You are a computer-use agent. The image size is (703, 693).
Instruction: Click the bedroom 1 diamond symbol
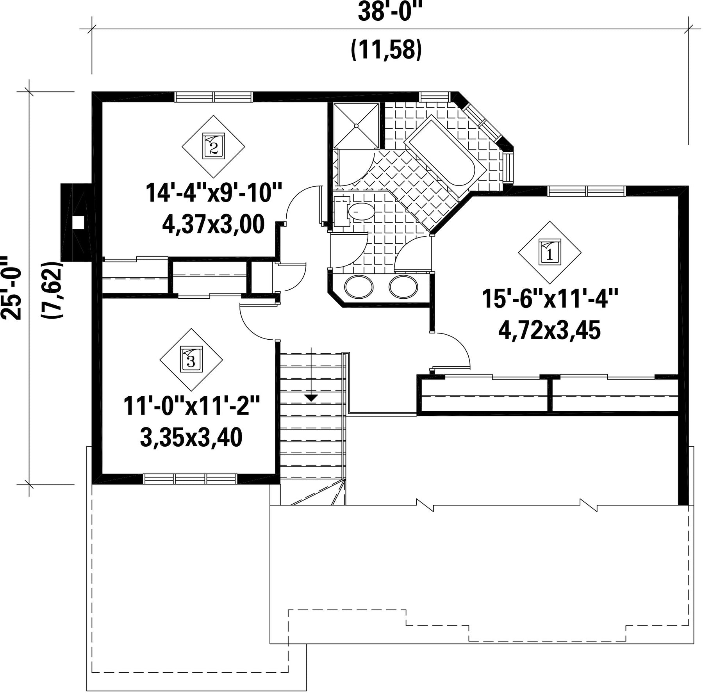pyautogui.click(x=550, y=252)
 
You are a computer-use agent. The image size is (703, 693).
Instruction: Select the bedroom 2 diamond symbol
pyautogui.click(x=214, y=146)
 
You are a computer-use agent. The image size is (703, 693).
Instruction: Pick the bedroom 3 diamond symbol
pyautogui.click(x=191, y=360)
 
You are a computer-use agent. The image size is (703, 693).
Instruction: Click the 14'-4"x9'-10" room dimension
pyautogui.click(x=214, y=192)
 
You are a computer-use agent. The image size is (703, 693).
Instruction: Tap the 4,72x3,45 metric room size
pyautogui.click(x=550, y=331)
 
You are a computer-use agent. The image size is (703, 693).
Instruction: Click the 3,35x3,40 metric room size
pyautogui.click(x=191, y=437)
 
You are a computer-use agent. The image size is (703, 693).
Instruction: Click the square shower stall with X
pyautogui.click(x=356, y=125)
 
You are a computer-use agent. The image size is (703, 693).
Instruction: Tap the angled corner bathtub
pyautogui.click(x=445, y=156)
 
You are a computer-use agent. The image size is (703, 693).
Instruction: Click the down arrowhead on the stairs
pyautogui.click(x=311, y=398)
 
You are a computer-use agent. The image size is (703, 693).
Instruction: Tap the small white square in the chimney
pyautogui.click(x=79, y=222)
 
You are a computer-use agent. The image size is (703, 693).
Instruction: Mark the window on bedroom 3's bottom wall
pyautogui.click(x=191, y=479)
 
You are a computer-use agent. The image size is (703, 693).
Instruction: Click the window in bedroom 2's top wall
pyautogui.click(x=214, y=97)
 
